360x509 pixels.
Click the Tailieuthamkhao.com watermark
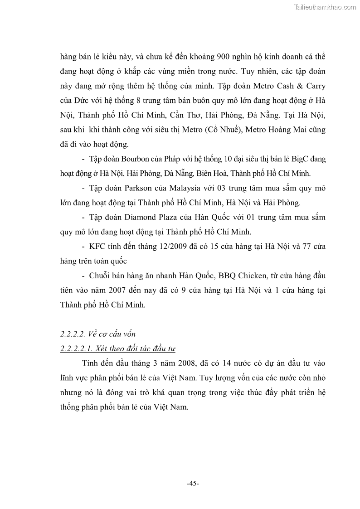[325, 7]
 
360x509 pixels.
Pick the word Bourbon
[131, 159]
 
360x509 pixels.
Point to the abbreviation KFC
[98, 247]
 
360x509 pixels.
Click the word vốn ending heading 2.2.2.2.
[128, 334]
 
